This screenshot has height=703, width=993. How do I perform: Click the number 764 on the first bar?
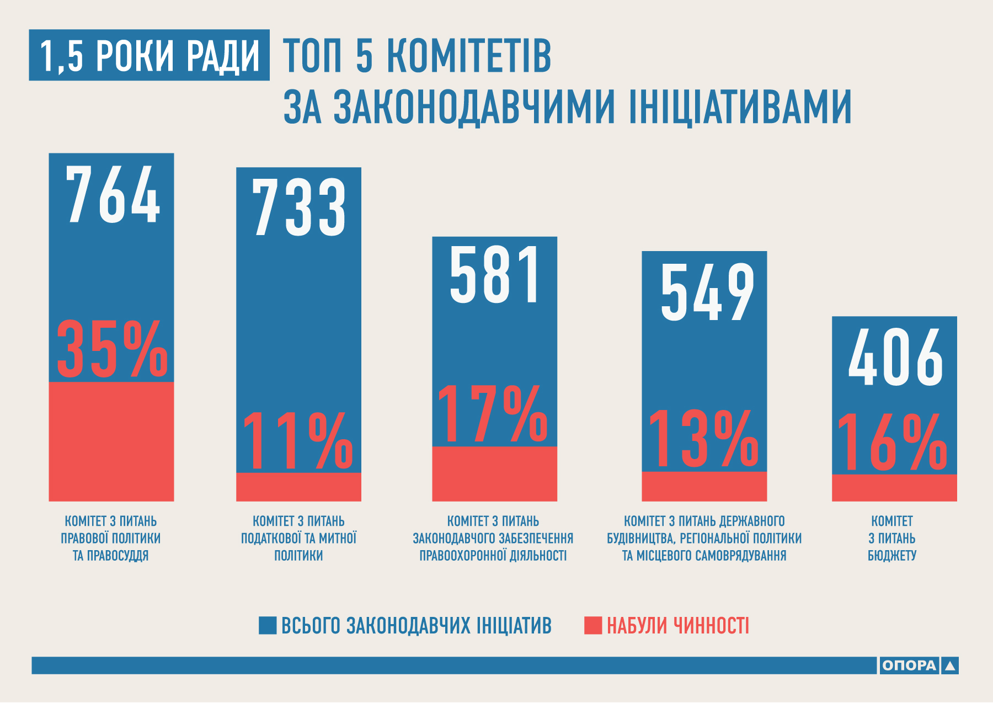113,194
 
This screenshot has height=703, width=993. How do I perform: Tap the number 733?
299,208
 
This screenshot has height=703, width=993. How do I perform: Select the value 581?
495,275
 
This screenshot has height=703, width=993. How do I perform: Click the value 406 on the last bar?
895,357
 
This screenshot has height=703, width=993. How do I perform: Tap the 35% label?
112,350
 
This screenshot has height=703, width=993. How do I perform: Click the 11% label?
298,441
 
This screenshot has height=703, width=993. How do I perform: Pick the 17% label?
493,414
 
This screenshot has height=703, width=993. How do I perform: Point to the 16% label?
893,443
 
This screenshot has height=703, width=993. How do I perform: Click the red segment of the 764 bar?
111,441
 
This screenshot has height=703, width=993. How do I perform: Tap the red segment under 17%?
494,473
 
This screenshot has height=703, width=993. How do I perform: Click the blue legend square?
268,625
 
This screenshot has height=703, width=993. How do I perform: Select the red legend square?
593,625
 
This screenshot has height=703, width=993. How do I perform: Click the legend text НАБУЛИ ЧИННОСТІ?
678,626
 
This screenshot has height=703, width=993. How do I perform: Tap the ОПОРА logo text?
909,665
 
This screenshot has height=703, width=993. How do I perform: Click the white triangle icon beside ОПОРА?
949,665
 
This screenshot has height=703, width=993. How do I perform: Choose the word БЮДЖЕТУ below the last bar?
892,555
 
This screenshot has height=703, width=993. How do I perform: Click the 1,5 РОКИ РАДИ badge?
149,55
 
